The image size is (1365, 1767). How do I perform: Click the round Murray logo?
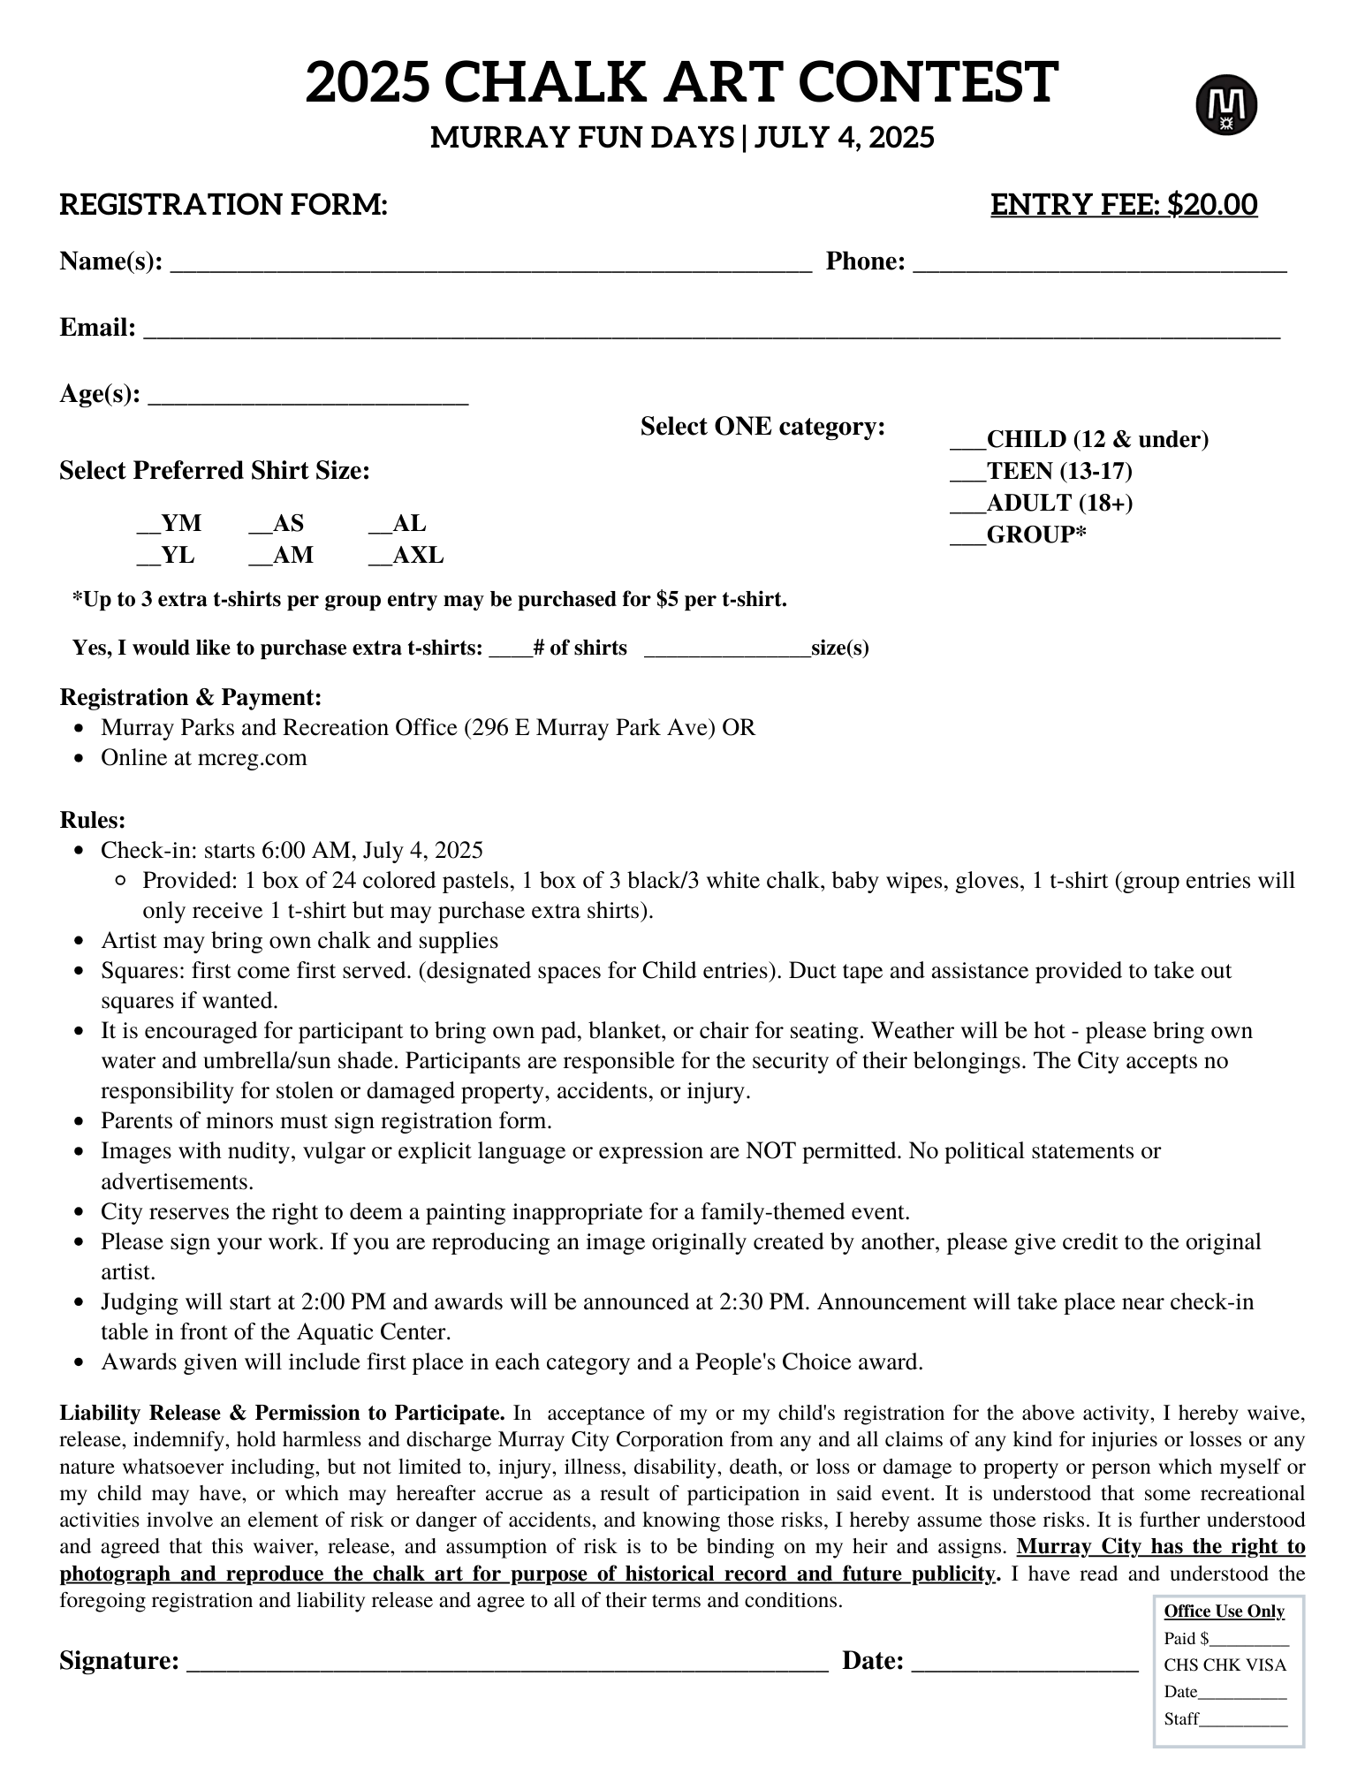tap(1226, 105)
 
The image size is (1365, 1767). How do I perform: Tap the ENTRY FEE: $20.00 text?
tap(1123, 204)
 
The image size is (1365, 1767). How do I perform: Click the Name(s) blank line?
tap(490, 263)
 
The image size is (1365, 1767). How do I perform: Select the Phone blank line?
tap(1099, 263)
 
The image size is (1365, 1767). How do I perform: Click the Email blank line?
tap(711, 330)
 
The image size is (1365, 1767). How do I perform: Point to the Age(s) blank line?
tap(307, 396)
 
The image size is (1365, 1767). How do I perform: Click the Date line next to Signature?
tap(1024, 1663)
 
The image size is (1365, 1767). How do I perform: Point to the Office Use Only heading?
tap(1224, 1612)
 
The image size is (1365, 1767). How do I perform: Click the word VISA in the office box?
tap(1266, 1665)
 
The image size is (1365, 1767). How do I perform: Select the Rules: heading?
tap(93, 820)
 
